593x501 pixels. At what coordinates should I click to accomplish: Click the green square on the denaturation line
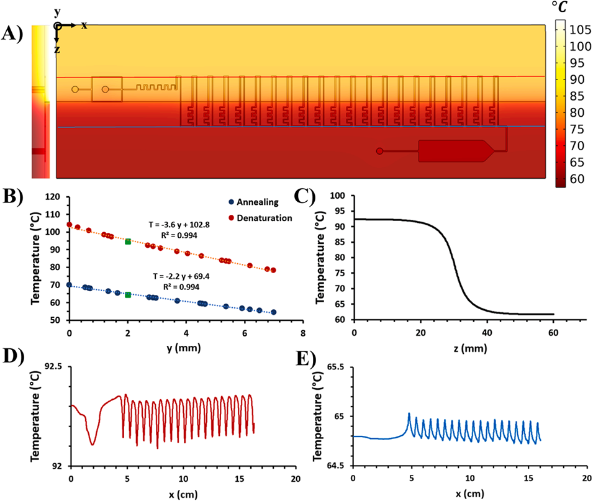pos(127,241)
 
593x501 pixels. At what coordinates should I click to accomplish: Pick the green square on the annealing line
pos(127,295)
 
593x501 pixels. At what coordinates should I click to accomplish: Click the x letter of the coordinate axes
pos(84,25)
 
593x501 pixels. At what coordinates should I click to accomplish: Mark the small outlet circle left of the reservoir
pos(379,151)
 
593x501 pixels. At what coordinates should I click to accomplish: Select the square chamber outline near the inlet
pos(107,89)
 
